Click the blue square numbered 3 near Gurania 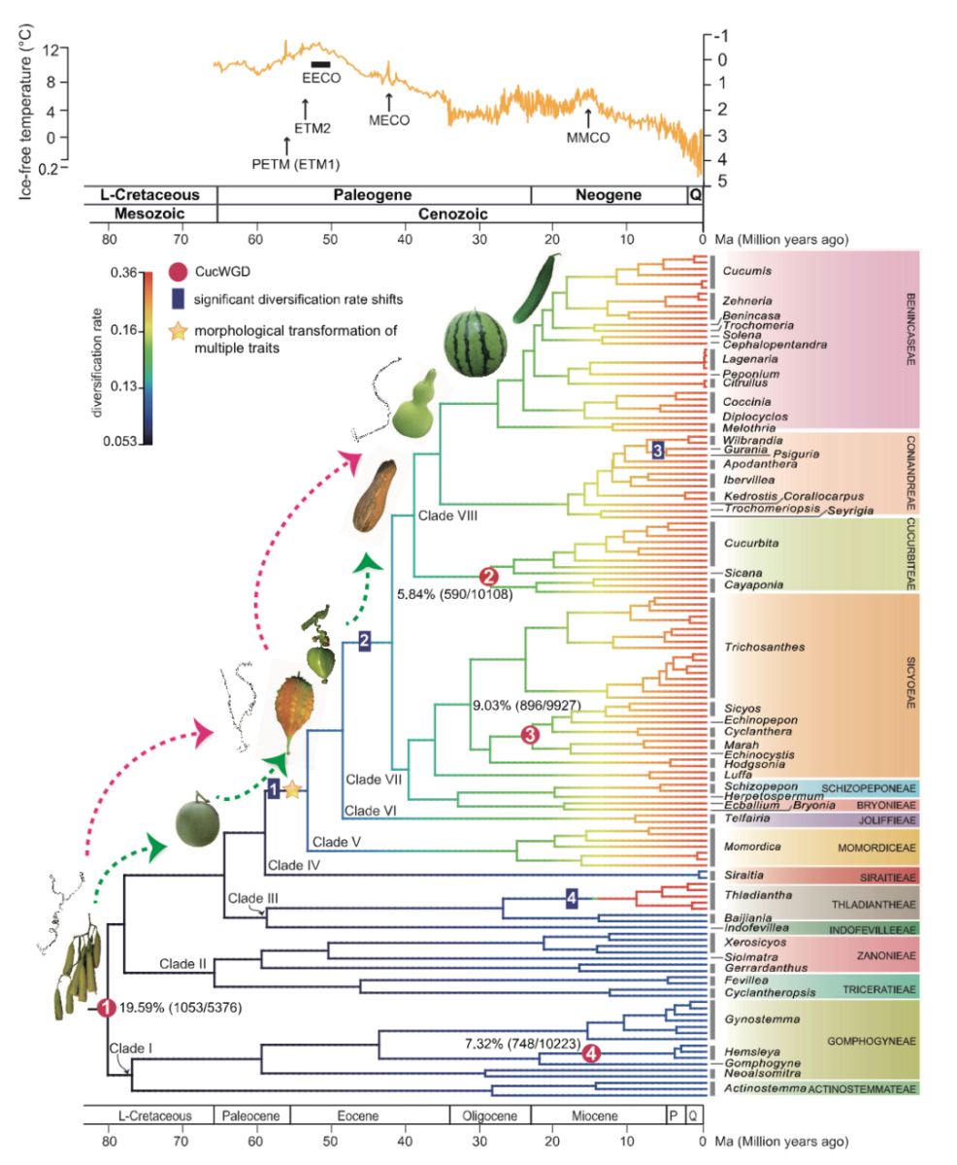(x=657, y=449)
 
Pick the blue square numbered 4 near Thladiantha (x=573, y=899)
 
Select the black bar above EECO (x=321, y=64)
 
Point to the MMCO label (x=588, y=138)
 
